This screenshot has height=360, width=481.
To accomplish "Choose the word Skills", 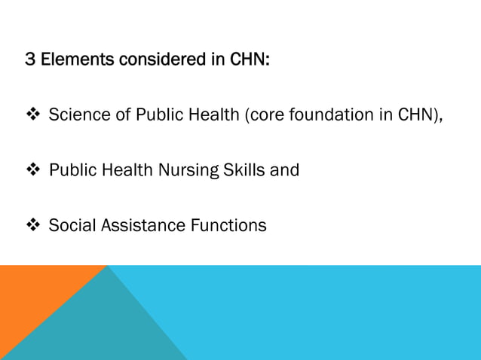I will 243,170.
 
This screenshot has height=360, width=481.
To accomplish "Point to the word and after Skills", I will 285,170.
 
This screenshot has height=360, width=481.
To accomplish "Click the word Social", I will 69,224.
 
